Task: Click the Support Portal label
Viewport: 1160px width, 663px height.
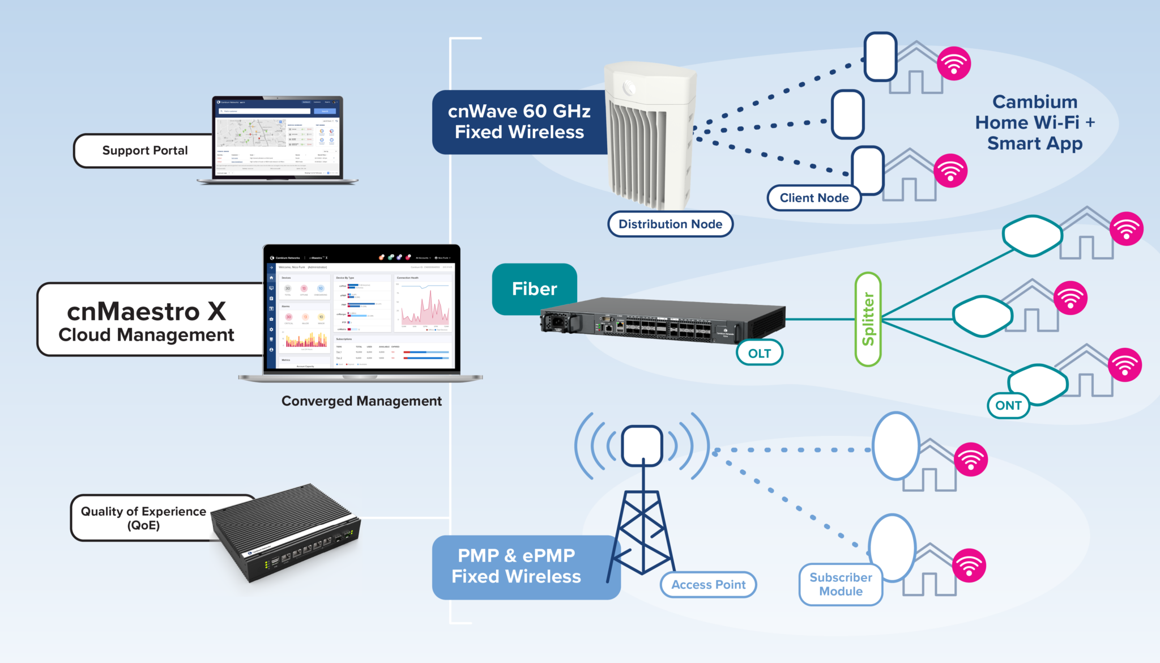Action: point(144,151)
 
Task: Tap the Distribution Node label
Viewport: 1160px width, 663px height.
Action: point(670,224)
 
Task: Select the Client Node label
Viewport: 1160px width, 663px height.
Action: point(814,198)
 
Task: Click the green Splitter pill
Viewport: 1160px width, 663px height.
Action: point(868,319)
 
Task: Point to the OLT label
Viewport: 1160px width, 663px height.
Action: point(760,353)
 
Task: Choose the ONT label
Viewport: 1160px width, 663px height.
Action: point(1008,405)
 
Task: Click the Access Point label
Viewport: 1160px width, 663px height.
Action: point(708,585)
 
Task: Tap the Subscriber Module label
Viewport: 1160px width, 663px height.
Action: point(841,584)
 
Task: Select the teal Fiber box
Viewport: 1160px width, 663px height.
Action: point(534,289)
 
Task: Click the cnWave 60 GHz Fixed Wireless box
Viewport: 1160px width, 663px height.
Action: point(519,122)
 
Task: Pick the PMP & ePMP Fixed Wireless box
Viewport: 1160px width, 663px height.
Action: point(516,566)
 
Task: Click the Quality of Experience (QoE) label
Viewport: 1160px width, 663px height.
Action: point(144,518)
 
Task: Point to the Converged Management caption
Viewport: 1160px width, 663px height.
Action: point(361,401)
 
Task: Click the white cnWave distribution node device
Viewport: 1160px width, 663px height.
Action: point(650,136)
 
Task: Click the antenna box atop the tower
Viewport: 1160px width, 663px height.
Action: point(642,445)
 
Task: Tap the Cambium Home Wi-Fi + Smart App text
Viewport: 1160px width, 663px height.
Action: point(1035,122)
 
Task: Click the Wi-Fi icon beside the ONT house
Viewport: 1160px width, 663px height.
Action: point(1124,365)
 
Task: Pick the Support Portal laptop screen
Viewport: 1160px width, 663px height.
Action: point(278,137)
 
